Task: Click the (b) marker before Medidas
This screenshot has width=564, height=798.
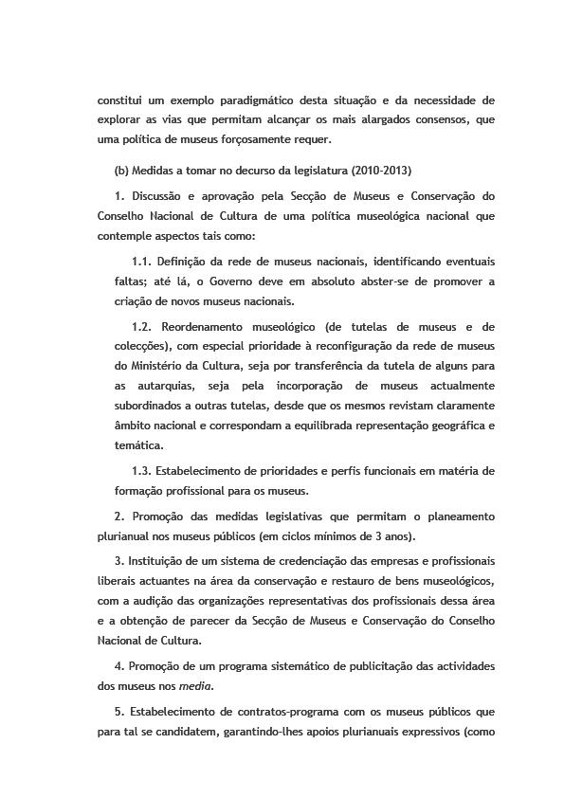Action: click(120, 171)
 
